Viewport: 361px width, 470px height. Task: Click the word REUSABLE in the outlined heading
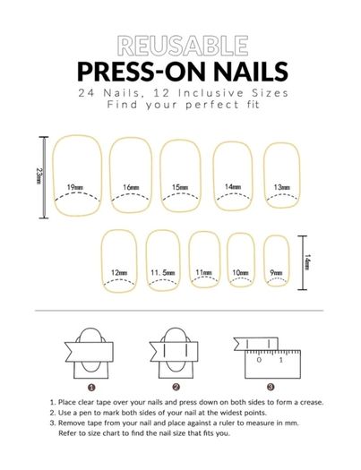coord(183,46)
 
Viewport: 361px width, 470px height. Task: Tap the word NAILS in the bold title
coord(251,72)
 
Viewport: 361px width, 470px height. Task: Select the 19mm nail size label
coord(75,188)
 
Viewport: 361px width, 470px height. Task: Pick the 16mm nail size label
coord(131,188)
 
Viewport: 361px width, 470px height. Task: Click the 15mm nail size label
coord(180,187)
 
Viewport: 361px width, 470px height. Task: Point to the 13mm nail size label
coord(282,187)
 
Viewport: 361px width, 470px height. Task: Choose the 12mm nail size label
coord(119,273)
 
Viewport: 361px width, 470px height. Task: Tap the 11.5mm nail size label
coord(163,273)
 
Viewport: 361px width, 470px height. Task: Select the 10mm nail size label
coord(241,273)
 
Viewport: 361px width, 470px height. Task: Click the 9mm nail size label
coord(276,272)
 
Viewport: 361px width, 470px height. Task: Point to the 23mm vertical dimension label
coord(39,175)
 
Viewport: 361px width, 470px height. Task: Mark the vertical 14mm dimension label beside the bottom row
coord(307,262)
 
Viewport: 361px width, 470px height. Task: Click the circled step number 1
coord(91,388)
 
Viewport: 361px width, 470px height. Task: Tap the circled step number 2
coord(176,387)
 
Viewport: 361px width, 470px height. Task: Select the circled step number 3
coord(271,387)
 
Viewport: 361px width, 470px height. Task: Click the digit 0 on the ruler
coord(260,360)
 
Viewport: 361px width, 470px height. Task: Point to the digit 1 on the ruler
coord(281,360)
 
